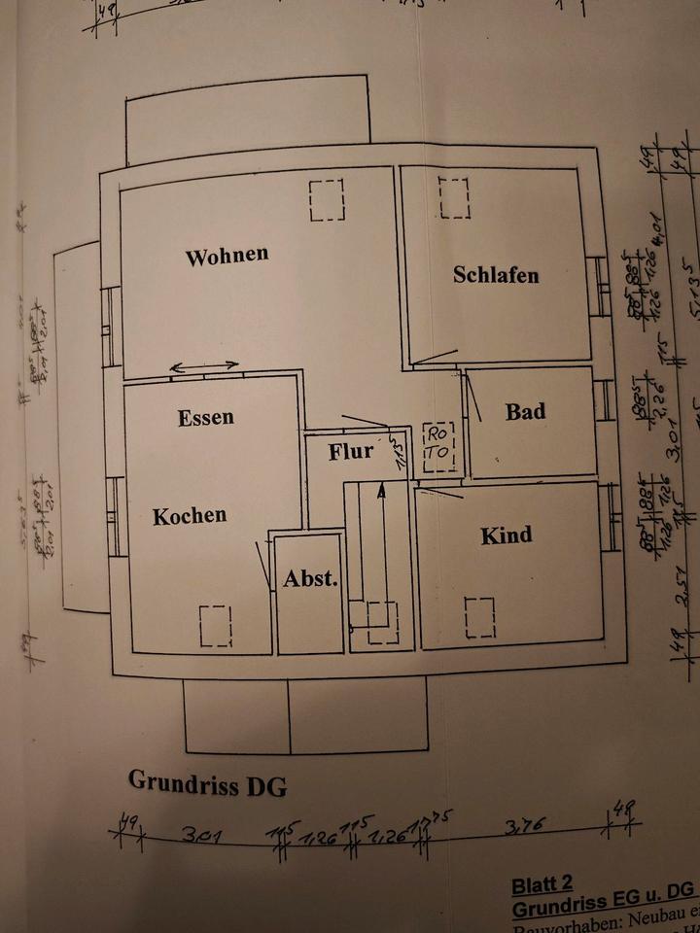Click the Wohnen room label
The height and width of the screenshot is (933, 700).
pyautogui.click(x=227, y=257)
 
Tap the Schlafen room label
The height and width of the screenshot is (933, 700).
pyautogui.click(x=496, y=275)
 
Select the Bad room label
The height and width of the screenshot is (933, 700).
pyautogui.click(x=525, y=411)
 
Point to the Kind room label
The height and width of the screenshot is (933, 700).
pyautogui.click(x=507, y=536)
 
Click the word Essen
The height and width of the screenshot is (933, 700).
pyautogui.click(x=206, y=418)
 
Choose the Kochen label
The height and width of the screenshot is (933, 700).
pyautogui.click(x=190, y=516)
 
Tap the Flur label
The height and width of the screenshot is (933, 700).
pyautogui.click(x=351, y=452)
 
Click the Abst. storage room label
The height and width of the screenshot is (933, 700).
pyautogui.click(x=310, y=579)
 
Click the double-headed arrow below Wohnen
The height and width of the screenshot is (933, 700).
pyautogui.click(x=205, y=366)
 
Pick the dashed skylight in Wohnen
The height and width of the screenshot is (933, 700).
pyautogui.click(x=327, y=200)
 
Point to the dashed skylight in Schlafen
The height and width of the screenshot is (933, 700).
pyautogui.click(x=454, y=198)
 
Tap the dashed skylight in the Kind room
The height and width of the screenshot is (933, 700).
pyautogui.click(x=479, y=618)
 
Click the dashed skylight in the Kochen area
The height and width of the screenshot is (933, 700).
pyautogui.click(x=216, y=626)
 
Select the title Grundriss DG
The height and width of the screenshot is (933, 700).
pyautogui.click(x=207, y=783)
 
